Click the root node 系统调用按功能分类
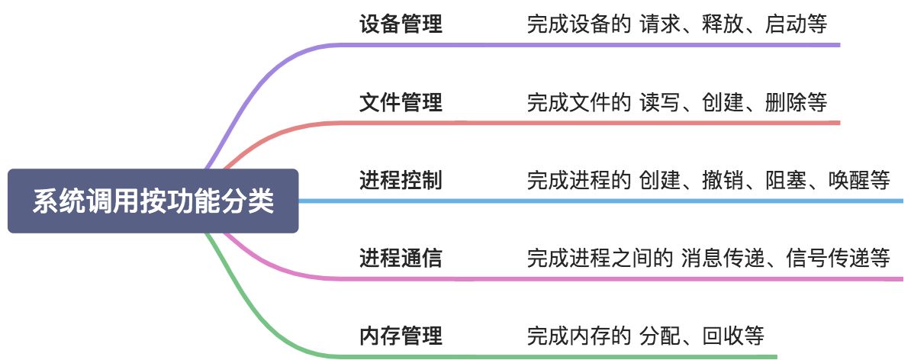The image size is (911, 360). [x=153, y=201]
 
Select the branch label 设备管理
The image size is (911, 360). [x=401, y=24]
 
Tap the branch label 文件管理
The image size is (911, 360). [x=401, y=102]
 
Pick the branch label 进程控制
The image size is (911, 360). [x=401, y=181]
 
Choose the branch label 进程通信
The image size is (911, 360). [x=401, y=259]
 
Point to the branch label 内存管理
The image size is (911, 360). [x=401, y=336]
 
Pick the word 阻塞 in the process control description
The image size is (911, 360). [x=784, y=181]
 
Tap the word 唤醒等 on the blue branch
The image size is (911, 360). [x=858, y=181]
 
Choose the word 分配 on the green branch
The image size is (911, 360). [x=658, y=336]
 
